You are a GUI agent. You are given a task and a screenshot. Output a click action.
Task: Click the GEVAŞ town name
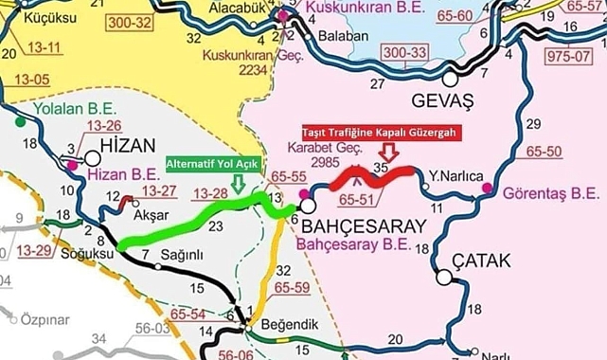click(x=443, y=99)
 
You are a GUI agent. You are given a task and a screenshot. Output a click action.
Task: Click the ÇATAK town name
click(x=483, y=261)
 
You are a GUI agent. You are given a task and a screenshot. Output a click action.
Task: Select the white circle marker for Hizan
click(x=93, y=160)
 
